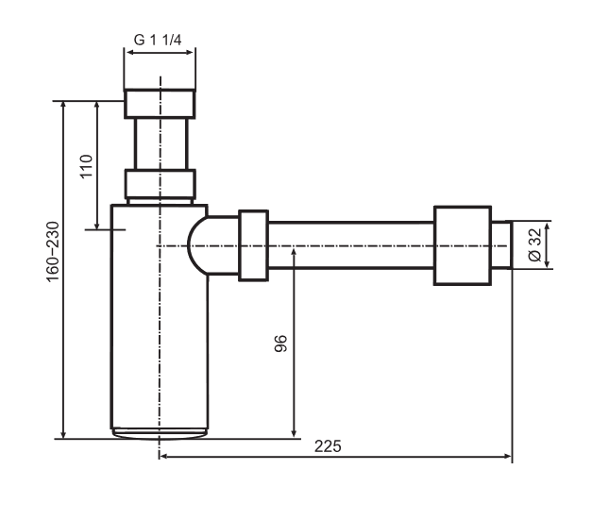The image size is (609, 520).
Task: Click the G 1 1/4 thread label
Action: tap(160, 41)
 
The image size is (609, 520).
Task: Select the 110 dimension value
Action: tap(85, 166)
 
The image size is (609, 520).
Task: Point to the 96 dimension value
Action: tap(279, 344)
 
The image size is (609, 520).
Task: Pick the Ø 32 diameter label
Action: tap(533, 244)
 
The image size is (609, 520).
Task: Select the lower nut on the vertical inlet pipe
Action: tap(161, 182)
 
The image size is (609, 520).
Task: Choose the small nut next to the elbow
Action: tap(253, 246)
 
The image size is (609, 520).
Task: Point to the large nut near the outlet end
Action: tap(462, 244)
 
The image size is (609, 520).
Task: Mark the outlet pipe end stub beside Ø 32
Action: tap(502, 244)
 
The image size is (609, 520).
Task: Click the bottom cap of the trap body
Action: tap(159, 434)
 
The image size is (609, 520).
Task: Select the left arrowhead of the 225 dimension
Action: tap(163, 458)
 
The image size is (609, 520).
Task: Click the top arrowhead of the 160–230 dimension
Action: tap(63, 103)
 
